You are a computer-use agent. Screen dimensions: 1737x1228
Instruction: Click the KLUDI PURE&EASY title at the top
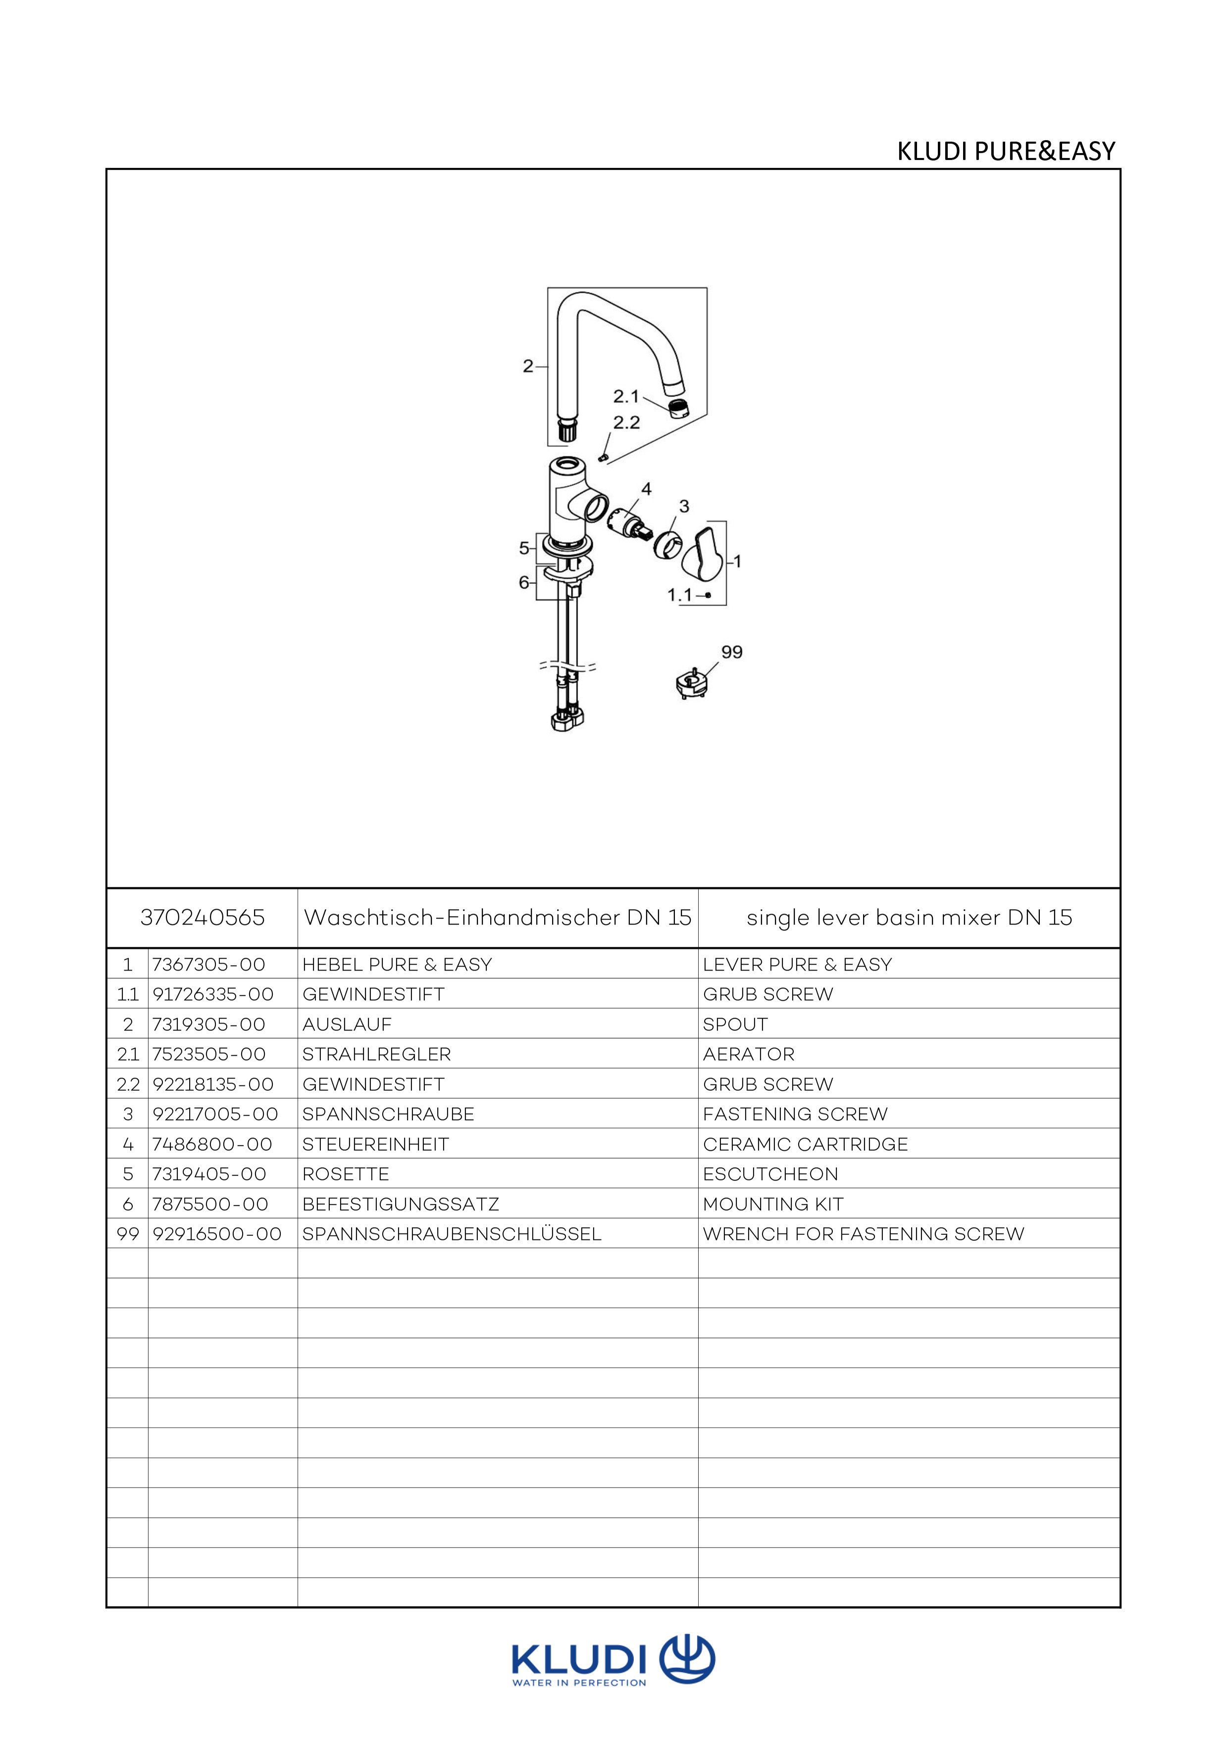(1006, 152)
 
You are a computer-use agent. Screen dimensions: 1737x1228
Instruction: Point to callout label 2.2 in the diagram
(626, 423)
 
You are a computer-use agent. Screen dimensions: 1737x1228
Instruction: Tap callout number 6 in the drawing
(523, 582)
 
